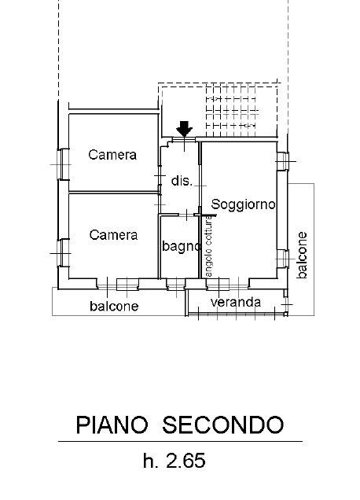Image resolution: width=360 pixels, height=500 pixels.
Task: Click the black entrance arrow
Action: coord(184,129)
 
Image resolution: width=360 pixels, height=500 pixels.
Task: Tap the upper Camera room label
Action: coord(112,155)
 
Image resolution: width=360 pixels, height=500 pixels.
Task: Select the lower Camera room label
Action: coord(113,235)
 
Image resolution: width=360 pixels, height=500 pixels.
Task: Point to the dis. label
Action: coord(182,181)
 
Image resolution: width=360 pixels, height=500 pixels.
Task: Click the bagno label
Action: coord(182,246)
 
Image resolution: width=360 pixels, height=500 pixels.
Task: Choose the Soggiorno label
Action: coord(244,204)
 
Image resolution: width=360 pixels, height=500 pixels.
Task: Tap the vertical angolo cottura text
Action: coord(208,247)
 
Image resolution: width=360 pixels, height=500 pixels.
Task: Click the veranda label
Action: coord(236,302)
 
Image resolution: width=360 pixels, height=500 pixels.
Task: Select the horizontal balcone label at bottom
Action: coord(114,306)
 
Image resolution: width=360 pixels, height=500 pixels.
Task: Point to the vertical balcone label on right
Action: coord(302,255)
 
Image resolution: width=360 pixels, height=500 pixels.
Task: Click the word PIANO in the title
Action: coord(112,425)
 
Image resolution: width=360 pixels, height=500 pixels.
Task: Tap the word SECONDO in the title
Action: coord(223,425)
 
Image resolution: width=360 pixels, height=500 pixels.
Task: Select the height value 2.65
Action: coord(186,461)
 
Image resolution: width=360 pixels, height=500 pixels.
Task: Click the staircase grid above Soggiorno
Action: coord(231,112)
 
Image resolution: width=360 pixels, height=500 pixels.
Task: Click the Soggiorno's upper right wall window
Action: coord(282,161)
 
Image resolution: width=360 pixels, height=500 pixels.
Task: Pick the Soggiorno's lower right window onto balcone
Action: coord(282,259)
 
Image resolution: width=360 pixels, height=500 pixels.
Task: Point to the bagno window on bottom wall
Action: coord(176,284)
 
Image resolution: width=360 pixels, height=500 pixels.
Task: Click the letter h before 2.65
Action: coord(149,461)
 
